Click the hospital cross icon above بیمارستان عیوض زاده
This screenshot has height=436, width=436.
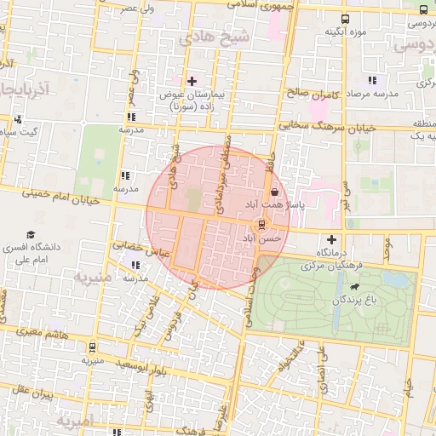[x=192, y=81]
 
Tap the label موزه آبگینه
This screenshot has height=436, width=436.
[x=344, y=32]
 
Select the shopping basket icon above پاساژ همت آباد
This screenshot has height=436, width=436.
[x=273, y=194]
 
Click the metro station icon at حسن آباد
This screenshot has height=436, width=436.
[x=261, y=226]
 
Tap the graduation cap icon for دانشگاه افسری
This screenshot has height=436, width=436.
[x=32, y=234]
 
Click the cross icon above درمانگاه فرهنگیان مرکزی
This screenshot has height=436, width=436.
[x=331, y=239]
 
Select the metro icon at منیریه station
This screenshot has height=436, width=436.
[x=91, y=347]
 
